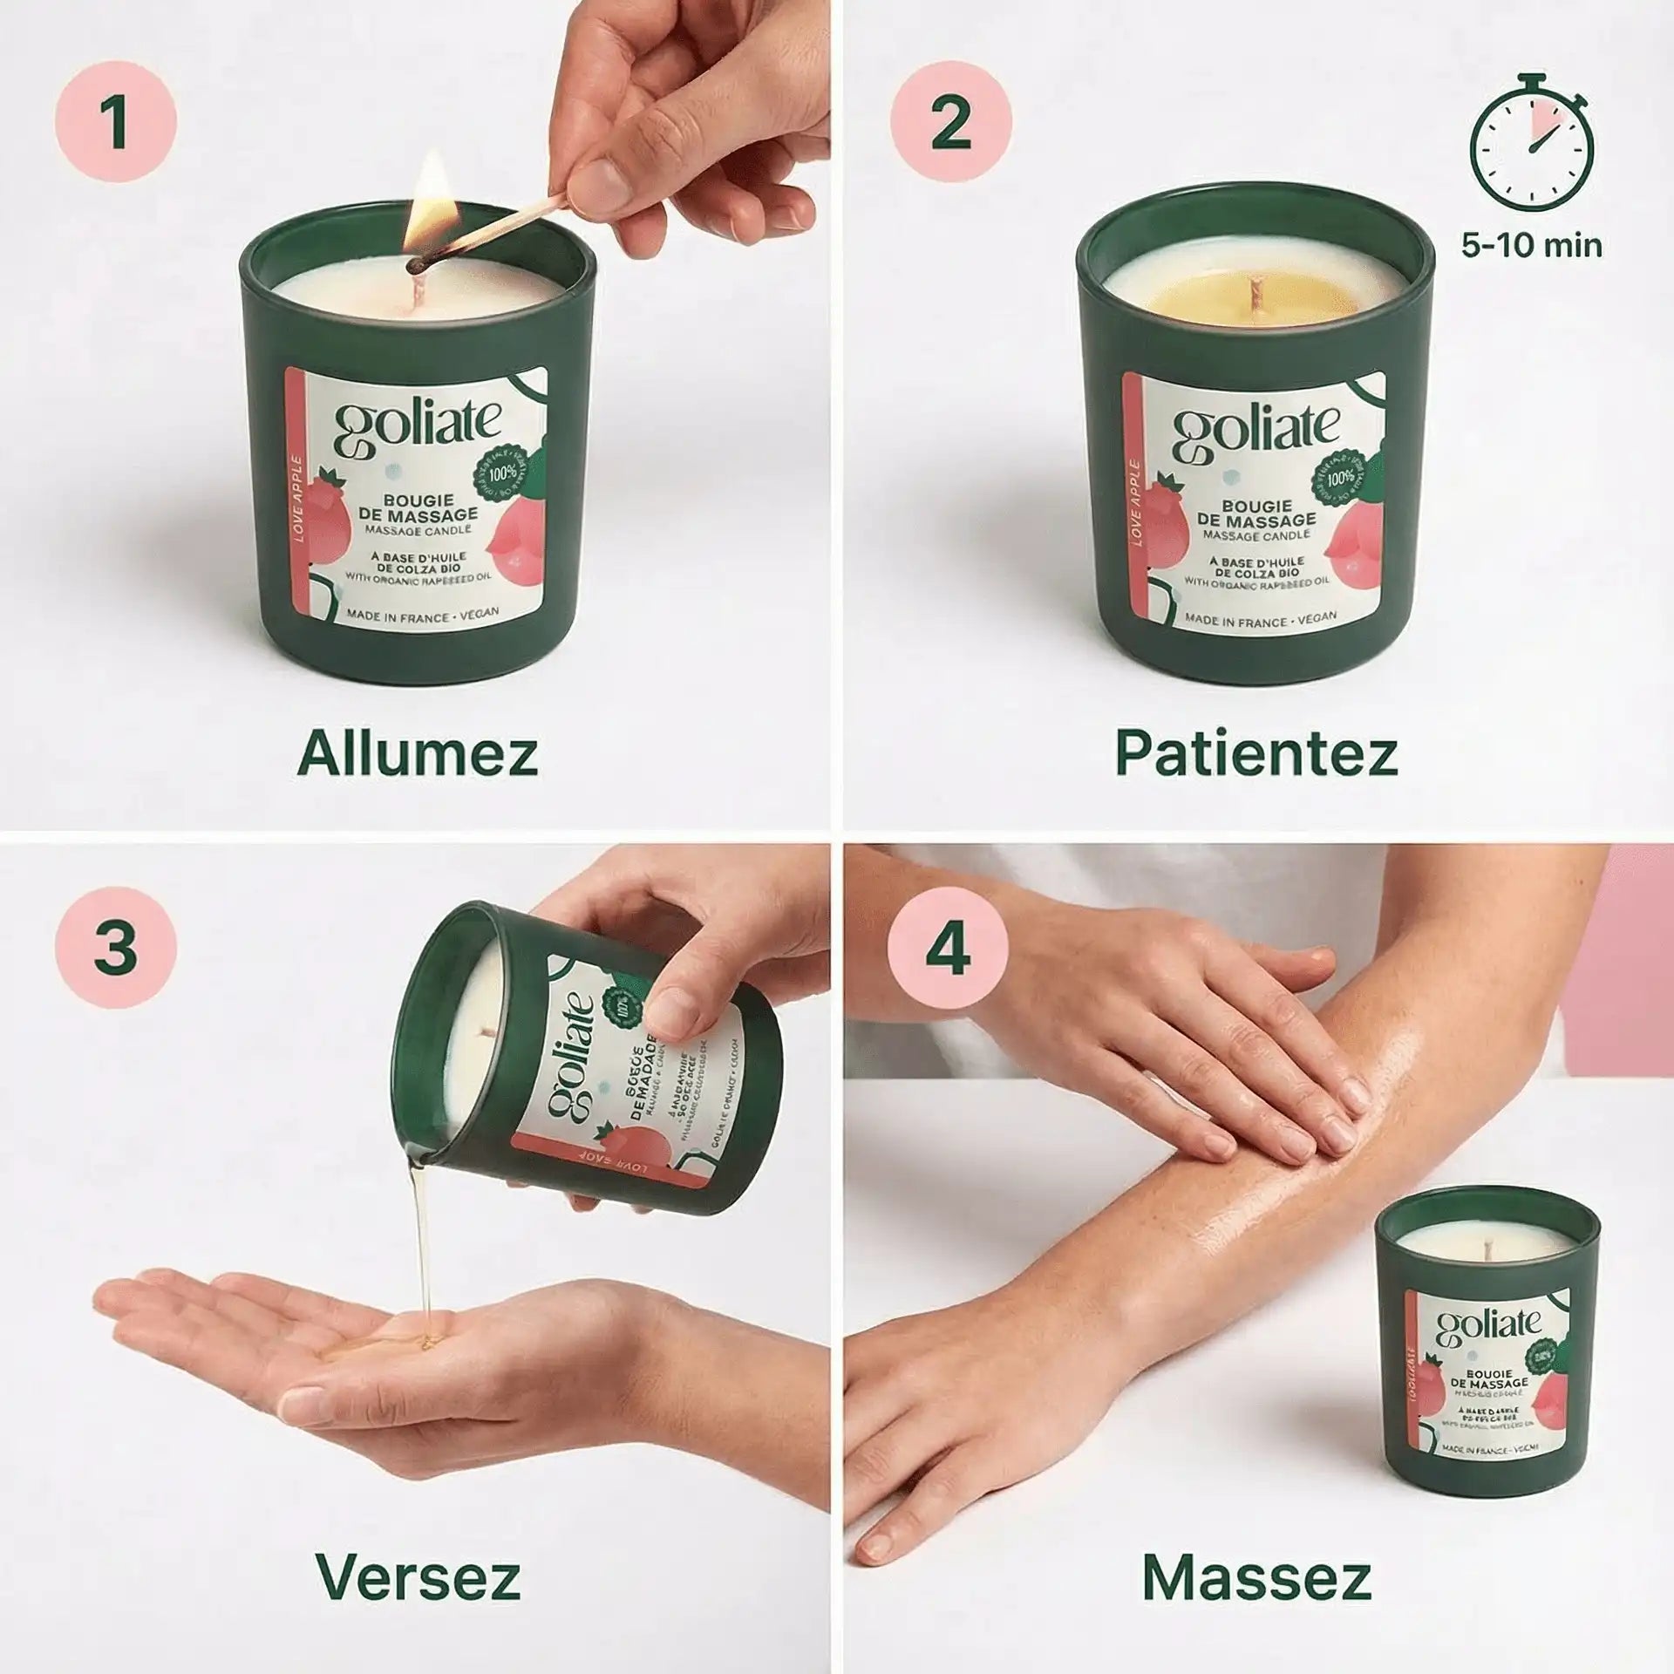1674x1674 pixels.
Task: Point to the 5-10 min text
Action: point(1532,246)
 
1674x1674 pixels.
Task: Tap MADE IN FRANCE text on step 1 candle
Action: point(422,615)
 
